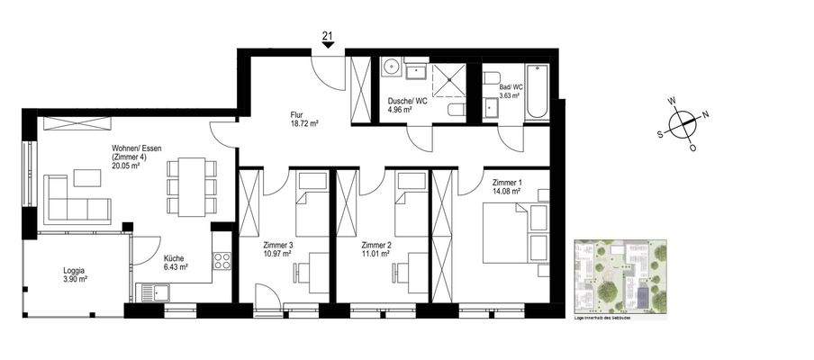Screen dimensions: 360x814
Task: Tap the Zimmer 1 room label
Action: point(507,185)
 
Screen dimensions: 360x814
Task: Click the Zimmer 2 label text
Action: point(375,249)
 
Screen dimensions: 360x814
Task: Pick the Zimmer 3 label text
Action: point(277,249)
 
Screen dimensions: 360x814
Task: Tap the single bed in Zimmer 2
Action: point(410,197)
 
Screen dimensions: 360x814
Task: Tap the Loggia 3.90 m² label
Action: point(75,274)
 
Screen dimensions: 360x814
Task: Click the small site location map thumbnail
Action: point(620,276)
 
